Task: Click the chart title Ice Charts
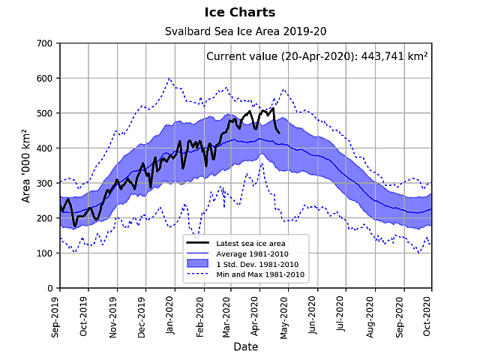(239, 13)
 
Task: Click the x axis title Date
(245, 346)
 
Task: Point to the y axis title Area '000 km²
(26, 166)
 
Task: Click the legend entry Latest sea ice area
(250, 243)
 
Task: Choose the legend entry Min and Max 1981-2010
(259, 274)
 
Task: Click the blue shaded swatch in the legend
(197, 264)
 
